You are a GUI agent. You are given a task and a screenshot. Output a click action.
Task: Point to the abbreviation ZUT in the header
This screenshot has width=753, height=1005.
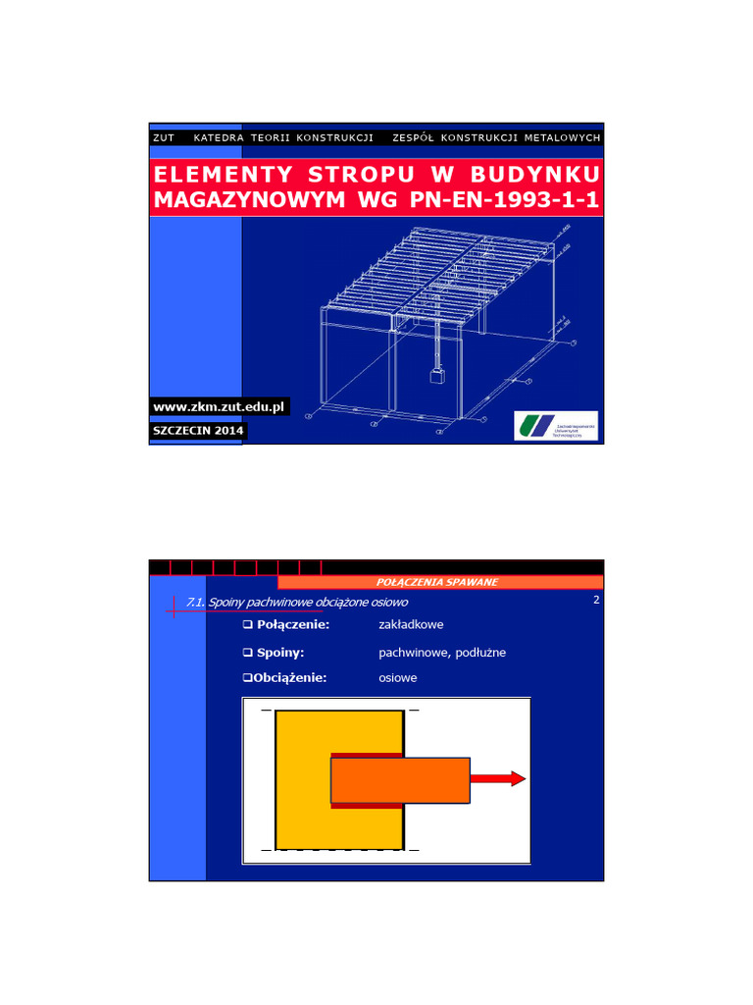coord(164,137)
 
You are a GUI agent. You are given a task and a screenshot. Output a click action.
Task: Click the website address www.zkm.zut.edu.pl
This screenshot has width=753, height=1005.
coord(219,406)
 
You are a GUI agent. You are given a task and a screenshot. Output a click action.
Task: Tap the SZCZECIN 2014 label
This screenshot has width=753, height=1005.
coord(198,431)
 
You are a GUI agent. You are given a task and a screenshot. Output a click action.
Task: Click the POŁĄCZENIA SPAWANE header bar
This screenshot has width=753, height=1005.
coord(437,582)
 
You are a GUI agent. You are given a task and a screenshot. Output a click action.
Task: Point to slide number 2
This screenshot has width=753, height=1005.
coord(595,599)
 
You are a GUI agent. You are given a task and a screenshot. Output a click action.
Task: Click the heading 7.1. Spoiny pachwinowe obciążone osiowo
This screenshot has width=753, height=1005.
coord(296,602)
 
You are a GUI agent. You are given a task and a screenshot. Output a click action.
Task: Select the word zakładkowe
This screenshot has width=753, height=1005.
coord(411,625)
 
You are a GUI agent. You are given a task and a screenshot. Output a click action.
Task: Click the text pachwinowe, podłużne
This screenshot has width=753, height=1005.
coord(442,652)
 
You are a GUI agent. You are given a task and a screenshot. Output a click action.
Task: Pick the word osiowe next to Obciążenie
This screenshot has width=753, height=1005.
coord(398,678)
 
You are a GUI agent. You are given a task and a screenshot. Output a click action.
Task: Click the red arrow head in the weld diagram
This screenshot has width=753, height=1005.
coord(517,779)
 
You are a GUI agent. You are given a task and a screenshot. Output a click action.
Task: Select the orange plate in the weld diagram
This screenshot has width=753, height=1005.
coord(400,780)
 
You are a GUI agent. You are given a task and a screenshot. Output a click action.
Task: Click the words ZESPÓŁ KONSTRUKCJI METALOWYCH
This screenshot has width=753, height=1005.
coord(495,137)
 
